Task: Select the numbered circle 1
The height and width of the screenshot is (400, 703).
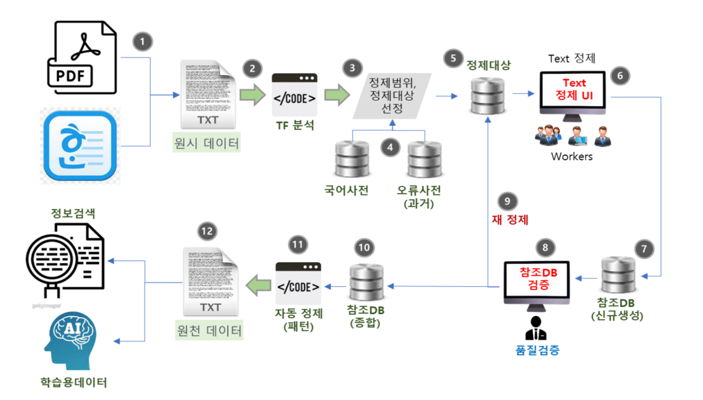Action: [142, 41]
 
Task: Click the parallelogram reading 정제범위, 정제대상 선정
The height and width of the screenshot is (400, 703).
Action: [392, 95]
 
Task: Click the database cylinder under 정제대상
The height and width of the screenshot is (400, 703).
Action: [488, 96]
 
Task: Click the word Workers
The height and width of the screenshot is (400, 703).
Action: [572, 157]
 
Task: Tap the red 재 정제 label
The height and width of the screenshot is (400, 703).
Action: [510, 220]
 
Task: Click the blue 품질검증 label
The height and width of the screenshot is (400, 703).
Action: [537, 350]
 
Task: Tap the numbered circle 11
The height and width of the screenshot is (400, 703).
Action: [297, 245]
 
